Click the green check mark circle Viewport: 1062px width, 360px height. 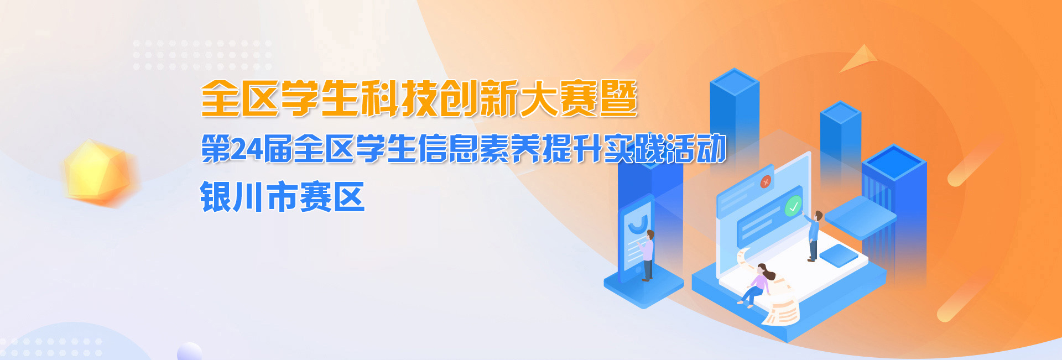pos(793,207)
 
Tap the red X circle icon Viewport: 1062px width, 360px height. pos(766,181)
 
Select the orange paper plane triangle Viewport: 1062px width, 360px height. pos(859,59)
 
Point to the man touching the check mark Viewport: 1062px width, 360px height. pos(813,236)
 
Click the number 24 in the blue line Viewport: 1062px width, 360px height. pos(246,149)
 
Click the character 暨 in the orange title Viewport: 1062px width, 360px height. pos(618,99)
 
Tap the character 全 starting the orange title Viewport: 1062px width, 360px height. pos(220,99)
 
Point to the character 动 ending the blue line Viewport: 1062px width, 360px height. pos(711,149)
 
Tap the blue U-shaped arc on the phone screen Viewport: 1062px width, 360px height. pos(638,223)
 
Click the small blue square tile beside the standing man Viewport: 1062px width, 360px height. pos(839,255)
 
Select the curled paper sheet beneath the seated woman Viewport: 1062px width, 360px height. pos(781,310)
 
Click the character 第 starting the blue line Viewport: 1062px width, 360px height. pos(216,149)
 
